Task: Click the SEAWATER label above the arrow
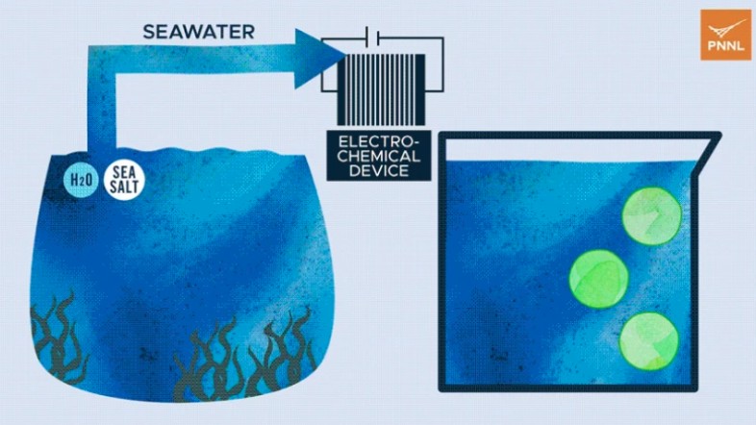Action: (199, 32)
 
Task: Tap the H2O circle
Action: (81, 180)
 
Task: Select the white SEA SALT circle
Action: (124, 179)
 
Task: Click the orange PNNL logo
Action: (725, 35)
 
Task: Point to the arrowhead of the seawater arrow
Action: (319, 59)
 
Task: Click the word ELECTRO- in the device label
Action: (379, 142)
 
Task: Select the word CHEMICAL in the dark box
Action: (379, 156)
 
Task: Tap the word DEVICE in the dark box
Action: (379, 170)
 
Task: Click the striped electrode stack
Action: (381, 89)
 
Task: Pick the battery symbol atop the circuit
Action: (372, 37)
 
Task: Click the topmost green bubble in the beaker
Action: (652, 216)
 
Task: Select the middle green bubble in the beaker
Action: (599, 279)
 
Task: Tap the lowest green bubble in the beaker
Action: (649, 341)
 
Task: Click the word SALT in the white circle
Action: (124, 187)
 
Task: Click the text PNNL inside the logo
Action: (725, 47)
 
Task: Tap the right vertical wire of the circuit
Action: (442, 63)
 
